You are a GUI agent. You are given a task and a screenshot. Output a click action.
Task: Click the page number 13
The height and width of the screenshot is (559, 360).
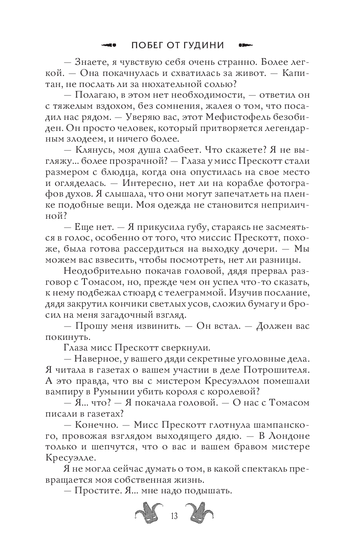(x=174, y=516)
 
